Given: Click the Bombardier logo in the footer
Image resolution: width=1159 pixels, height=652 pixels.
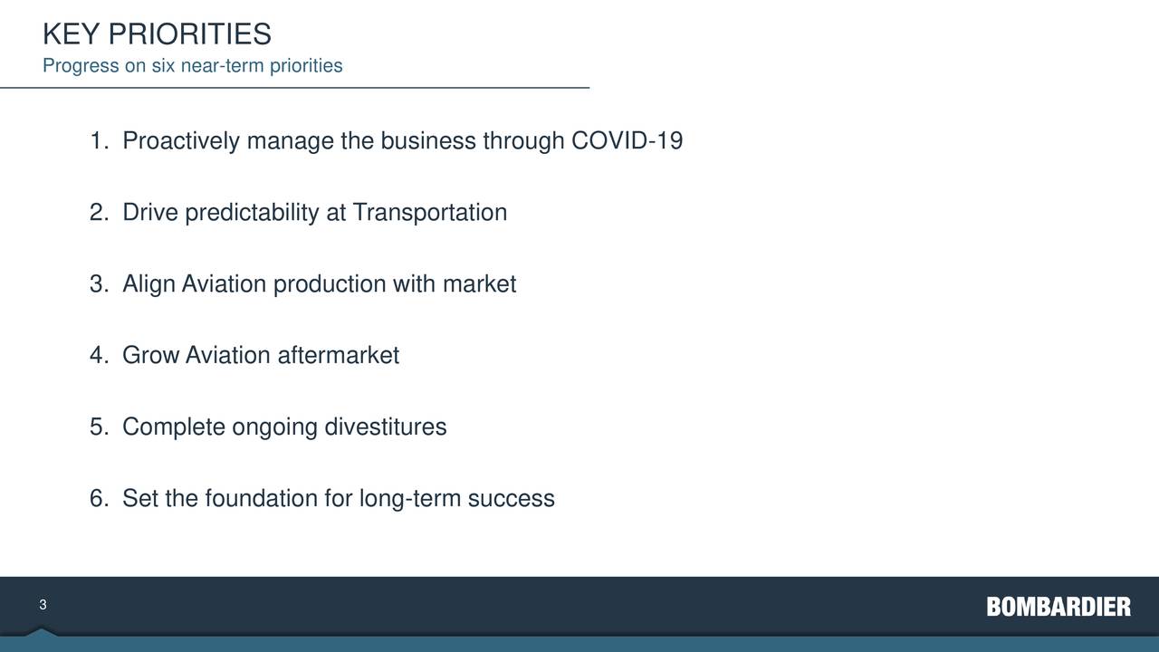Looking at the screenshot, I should pyautogui.click(x=1058, y=607).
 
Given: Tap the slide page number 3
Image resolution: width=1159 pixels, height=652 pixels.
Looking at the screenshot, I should pyautogui.click(x=43, y=605).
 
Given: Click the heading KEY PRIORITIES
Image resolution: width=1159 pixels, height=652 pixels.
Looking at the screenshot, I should pyautogui.click(x=157, y=34).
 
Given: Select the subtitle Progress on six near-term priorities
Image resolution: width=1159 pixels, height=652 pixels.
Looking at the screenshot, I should pyautogui.click(x=192, y=66).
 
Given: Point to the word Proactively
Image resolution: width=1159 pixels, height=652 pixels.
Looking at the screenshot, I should pyautogui.click(x=181, y=142).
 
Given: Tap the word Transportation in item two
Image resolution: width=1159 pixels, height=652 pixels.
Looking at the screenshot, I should pyautogui.click(x=429, y=213).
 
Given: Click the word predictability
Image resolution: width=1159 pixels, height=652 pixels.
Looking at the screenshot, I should pyautogui.click(x=252, y=213).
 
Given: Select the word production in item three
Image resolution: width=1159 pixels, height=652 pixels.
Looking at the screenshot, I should pyautogui.click(x=330, y=284).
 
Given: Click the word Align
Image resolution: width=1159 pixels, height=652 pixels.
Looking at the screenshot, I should pyautogui.click(x=148, y=284).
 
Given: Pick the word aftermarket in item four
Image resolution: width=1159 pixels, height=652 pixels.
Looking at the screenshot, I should pyautogui.click(x=338, y=356).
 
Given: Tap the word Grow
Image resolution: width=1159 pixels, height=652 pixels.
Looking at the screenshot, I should pyautogui.click(x=150, y=356).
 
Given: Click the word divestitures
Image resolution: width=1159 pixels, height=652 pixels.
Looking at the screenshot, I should pyautogui.click(x=385, y=427).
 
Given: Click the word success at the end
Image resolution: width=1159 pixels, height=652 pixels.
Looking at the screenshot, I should pyautogui.click(x=511, y=499).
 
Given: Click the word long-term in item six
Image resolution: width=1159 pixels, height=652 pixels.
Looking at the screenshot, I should pyautogui.click(x=410, y=499).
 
